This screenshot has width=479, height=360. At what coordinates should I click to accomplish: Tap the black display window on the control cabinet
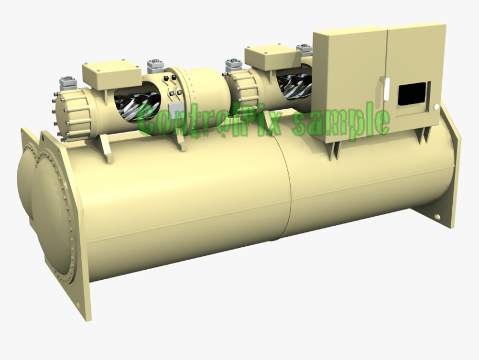click(x=413, y=94)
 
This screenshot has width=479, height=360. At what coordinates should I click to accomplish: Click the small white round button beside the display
click(x=437, y=106)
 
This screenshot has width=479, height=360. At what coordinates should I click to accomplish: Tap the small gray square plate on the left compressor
click(x=174, y=109)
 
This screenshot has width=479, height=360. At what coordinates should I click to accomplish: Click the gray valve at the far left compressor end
click(x=68, y=83)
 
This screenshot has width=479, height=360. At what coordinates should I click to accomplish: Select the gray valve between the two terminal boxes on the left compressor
click(x=155, y=66)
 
